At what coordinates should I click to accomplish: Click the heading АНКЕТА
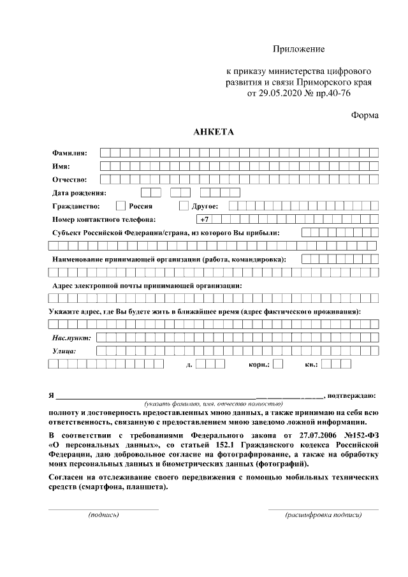[x=214, y=133]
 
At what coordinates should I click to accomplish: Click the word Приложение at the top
[x=299, y=49]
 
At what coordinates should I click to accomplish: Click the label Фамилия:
[x=70, y=153]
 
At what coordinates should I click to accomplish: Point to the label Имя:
[x=61, y=166]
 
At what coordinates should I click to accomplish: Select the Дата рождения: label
[x=79, y=193]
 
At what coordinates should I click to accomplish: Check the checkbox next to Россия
[x=120, y=206]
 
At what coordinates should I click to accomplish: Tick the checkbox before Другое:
[x=184, y=206]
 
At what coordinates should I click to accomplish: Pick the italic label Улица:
[x=64, y=351]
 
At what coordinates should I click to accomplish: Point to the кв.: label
[x=312, y=365]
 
